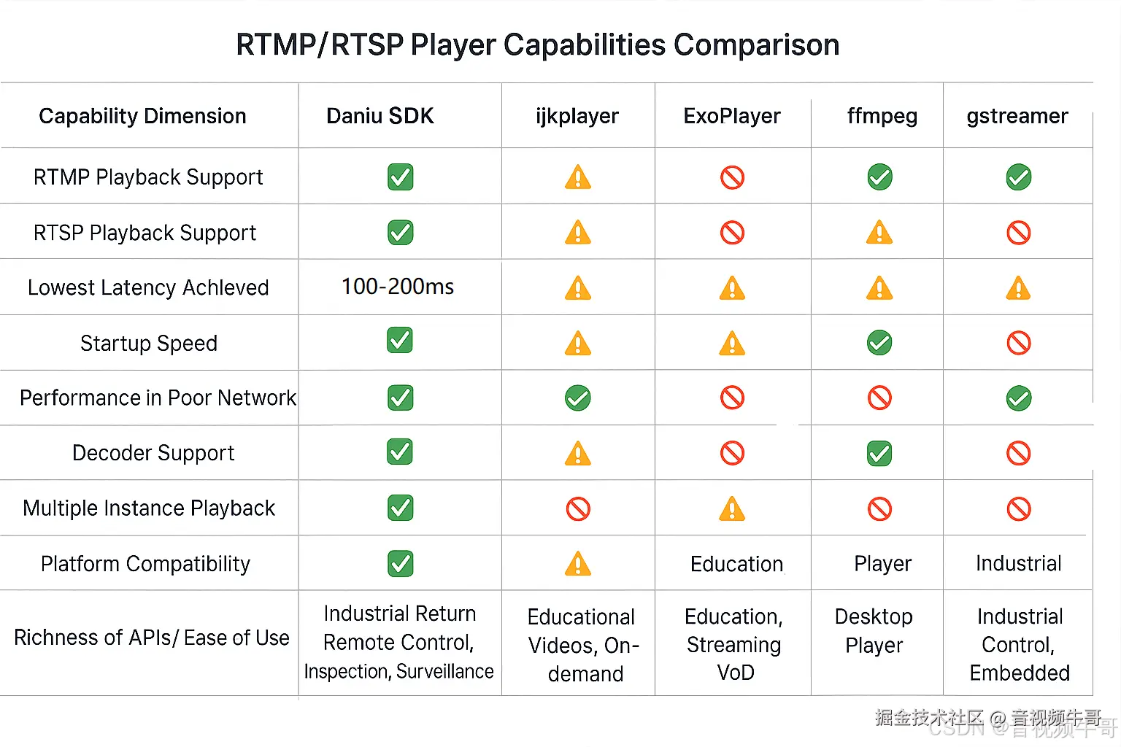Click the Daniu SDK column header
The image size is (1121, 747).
tap(380, 116)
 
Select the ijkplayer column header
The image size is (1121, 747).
tap(577, 116)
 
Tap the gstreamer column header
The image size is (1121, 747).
tap(1017, 116)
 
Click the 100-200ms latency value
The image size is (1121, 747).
tap(398, 287)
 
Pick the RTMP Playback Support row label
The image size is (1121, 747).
tap(148, 177)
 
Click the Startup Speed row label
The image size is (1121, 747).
tap(149, 343)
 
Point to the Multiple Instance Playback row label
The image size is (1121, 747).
tap(149, 508)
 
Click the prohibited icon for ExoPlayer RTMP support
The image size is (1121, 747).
tap(732, 177)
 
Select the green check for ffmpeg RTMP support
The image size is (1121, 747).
tap(879, 177)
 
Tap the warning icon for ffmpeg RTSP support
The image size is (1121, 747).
tap(879, 233)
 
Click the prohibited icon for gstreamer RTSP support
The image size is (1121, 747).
tap(1018, 233)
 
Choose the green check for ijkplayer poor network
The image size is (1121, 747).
tap(577, 398)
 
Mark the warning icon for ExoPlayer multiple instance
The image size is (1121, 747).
tap(732, 508)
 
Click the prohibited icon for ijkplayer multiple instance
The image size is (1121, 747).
tap(577, 508)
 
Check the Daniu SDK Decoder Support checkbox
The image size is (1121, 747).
tap(400, 452)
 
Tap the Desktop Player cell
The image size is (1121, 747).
tap(874, 631)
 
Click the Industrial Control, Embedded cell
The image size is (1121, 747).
tap(1019, 645)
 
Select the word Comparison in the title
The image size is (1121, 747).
tap(756, 45)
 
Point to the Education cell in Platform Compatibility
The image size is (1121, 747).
tap(736, 564)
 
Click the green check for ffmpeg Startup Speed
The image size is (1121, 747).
tap(879, 343)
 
